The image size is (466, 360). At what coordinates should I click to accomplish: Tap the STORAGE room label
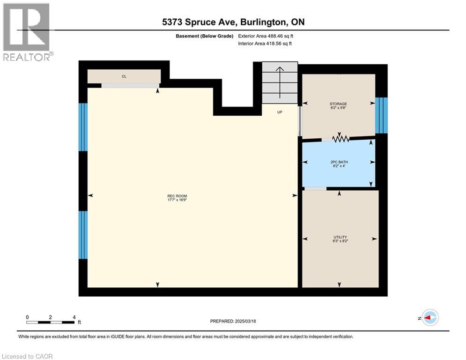pyautogui.click(x=338, y=104)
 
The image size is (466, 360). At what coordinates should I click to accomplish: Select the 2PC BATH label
pyautogui.click(x=339, y=162)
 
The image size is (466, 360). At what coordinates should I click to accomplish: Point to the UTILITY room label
pyautogui.click(x=340, y=237)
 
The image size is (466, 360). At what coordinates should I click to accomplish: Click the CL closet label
pyautogui.click(x=124, y=76)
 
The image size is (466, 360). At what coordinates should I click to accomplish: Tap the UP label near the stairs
pyautogui.click(x=280, y=112)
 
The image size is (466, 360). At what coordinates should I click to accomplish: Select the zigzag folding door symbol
pyautogui.click(x=340, y=139)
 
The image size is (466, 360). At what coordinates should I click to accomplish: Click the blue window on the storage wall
pyautogui.click(x=382, y=115)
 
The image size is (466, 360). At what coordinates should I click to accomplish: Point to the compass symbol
pyautogui.click(x=429, y=317)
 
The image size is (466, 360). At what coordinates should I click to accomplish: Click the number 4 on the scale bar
pyautogui.click(x=74, y=317)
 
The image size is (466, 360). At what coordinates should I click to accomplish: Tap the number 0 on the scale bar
pyautogui.click(x=28, y=317)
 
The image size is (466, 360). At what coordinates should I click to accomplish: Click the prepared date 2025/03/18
pyautogui.click(x=244, y=321)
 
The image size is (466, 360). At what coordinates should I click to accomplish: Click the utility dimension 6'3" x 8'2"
pyautogui.click(x=340, y=241)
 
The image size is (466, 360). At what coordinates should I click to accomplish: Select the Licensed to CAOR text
pyautogui.click(x=27, y=356)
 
